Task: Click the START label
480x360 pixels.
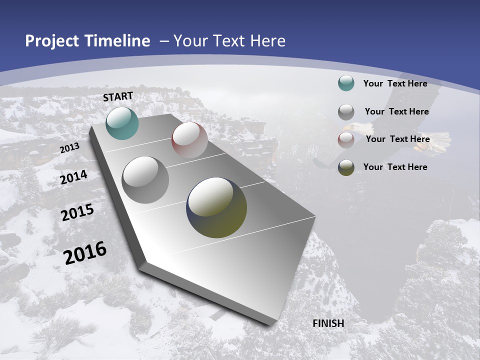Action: click(x=118, y=96)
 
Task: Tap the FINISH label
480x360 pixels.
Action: click(x=328, y=323)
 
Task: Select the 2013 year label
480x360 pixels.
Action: click(x=69, y=148)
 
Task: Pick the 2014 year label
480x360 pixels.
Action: click(x=73, y=177)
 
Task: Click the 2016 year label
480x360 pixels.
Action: click(x=85, y=253)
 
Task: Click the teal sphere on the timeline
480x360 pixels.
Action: click(x=122, y=123)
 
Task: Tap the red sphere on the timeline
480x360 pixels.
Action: click(x=189, y=140)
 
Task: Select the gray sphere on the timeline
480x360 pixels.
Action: click(x=145, y=180)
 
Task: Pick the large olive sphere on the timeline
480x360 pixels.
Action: click(x=216, y=207)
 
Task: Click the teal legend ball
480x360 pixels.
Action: click(x=346, y=83)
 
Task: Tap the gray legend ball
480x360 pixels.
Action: click(x=346, y=112)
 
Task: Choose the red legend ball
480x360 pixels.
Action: click(x=346, y=140)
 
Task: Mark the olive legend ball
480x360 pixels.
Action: click(x=346, y=167)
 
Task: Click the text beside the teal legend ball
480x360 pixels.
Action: click(x=395, y=83)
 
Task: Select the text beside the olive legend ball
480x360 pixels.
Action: click(x=395, y=167)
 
